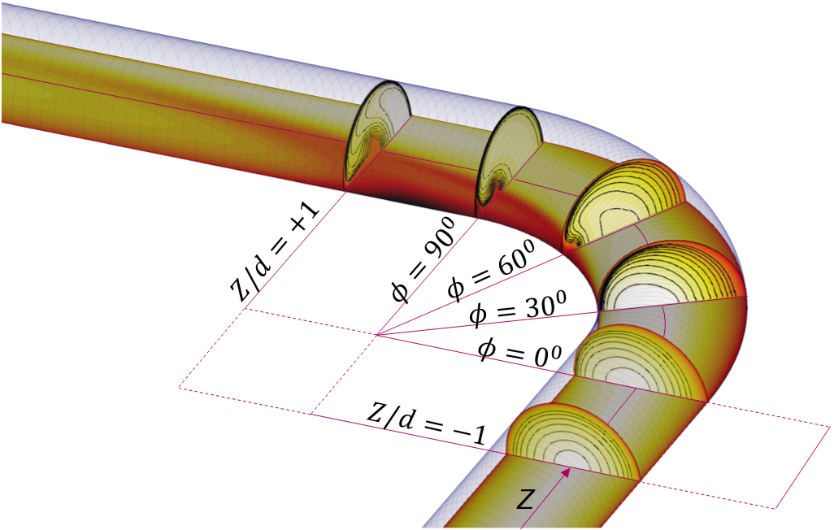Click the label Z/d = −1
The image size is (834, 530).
[x=427, y=423]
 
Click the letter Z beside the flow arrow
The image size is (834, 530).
[x=525, y=500]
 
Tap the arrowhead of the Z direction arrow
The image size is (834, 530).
[x=567, y=472]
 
